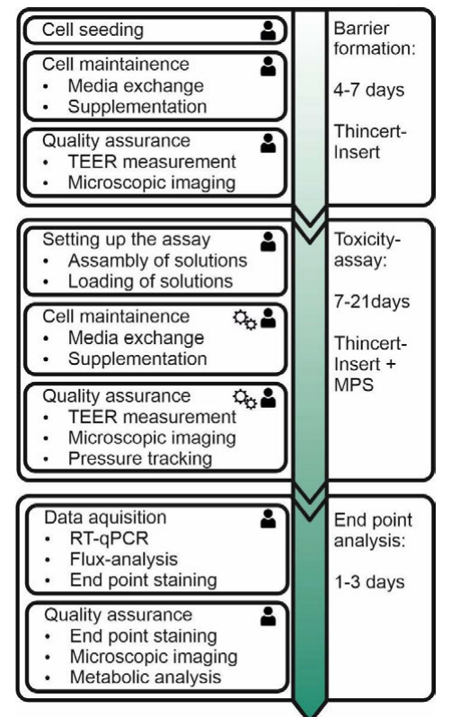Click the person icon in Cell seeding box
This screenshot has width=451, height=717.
tap(268, 31)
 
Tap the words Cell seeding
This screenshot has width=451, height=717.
tap(93, 31)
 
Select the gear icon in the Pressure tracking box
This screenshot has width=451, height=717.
tap(244, 399)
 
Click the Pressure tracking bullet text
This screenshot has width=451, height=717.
tap(140, 458)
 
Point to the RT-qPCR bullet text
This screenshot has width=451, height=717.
tap(110, 538)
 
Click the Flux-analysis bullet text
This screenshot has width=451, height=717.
tap(123, 559)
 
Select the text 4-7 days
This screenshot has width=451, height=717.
tap(368, 90)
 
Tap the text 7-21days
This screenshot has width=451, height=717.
tap(371, 302)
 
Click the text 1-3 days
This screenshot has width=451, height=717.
tap(369, 582)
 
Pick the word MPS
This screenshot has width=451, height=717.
tap(354, 385)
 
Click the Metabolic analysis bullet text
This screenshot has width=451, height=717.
tap(146, 677)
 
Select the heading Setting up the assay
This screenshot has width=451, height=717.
tap(127, 240)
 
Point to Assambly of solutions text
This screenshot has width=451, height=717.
tap(157, 261)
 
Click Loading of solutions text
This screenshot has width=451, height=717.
tap(151, 281)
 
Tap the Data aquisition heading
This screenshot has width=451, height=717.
tap(105, 518)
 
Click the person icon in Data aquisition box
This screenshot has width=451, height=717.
tap(268, 518)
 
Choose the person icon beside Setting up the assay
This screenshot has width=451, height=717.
tap(268, 242)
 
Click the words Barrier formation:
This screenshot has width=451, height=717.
tap(375, 39)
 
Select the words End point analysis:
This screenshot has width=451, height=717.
tap(373, 530)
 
